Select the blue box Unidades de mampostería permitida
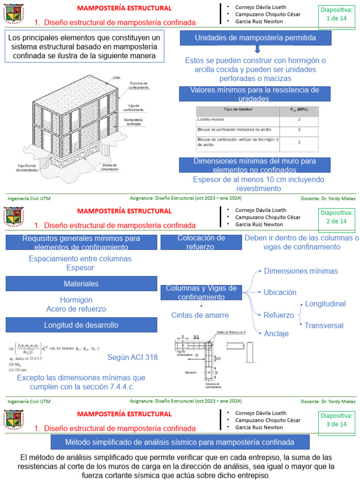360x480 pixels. coord(255,37)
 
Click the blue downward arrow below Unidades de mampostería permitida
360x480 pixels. coord(257,50)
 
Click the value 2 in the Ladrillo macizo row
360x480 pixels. coord(299,120)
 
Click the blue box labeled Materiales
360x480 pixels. coord(81,284)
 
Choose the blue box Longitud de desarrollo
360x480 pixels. coord(81,325)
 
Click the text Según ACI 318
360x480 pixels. coord(133,357)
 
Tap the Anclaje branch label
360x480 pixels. coord(276,333)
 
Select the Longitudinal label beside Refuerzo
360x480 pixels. coord(325,304)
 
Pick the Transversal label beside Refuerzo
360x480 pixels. coord(324,325)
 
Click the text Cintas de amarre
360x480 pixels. coord(200,315)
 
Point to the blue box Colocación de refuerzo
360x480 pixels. coord(201,242)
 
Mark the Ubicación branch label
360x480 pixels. coord(280,292)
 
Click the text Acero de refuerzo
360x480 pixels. coord(76,309)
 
